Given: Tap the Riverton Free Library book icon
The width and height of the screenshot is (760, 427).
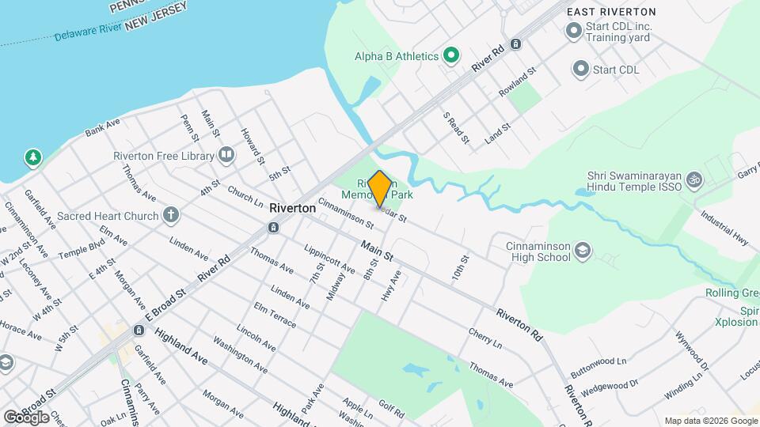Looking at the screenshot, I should point(226,155).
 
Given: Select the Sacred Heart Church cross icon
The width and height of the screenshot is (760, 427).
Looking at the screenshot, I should point(171,215).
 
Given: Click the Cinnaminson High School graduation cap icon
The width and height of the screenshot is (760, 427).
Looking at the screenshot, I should point(583,251).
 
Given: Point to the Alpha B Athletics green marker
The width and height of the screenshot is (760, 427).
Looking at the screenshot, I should point(451,55).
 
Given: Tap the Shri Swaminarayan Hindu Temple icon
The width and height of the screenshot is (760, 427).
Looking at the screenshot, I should point(694,180).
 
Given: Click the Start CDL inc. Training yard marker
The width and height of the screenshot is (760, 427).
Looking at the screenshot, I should point(573,32).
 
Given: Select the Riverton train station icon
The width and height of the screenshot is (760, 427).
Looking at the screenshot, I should point(273,228).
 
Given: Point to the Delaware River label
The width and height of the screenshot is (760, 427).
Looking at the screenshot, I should point(87,32).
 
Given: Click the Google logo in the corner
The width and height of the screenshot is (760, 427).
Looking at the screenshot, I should point(26,417).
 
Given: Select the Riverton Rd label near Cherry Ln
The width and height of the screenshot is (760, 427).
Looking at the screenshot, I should point(519,325).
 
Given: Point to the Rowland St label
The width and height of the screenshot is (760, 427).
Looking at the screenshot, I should point(518,82).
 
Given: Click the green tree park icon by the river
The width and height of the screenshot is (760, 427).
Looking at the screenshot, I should point(32,157).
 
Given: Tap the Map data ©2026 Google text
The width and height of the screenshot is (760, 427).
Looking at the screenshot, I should point(710,421).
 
